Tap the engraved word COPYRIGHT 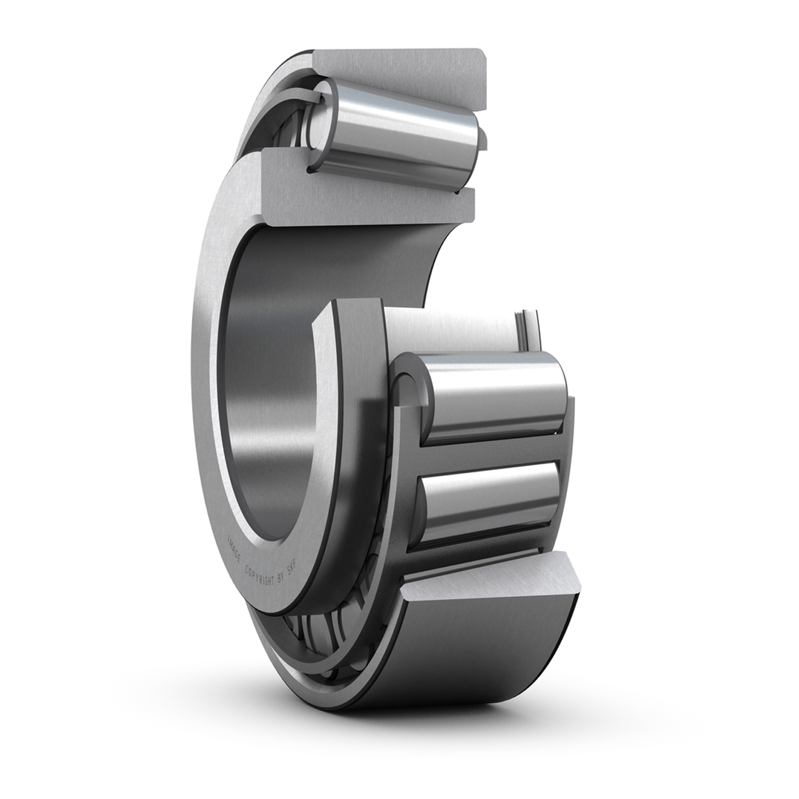pyautogui.click(x=259, y=575)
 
